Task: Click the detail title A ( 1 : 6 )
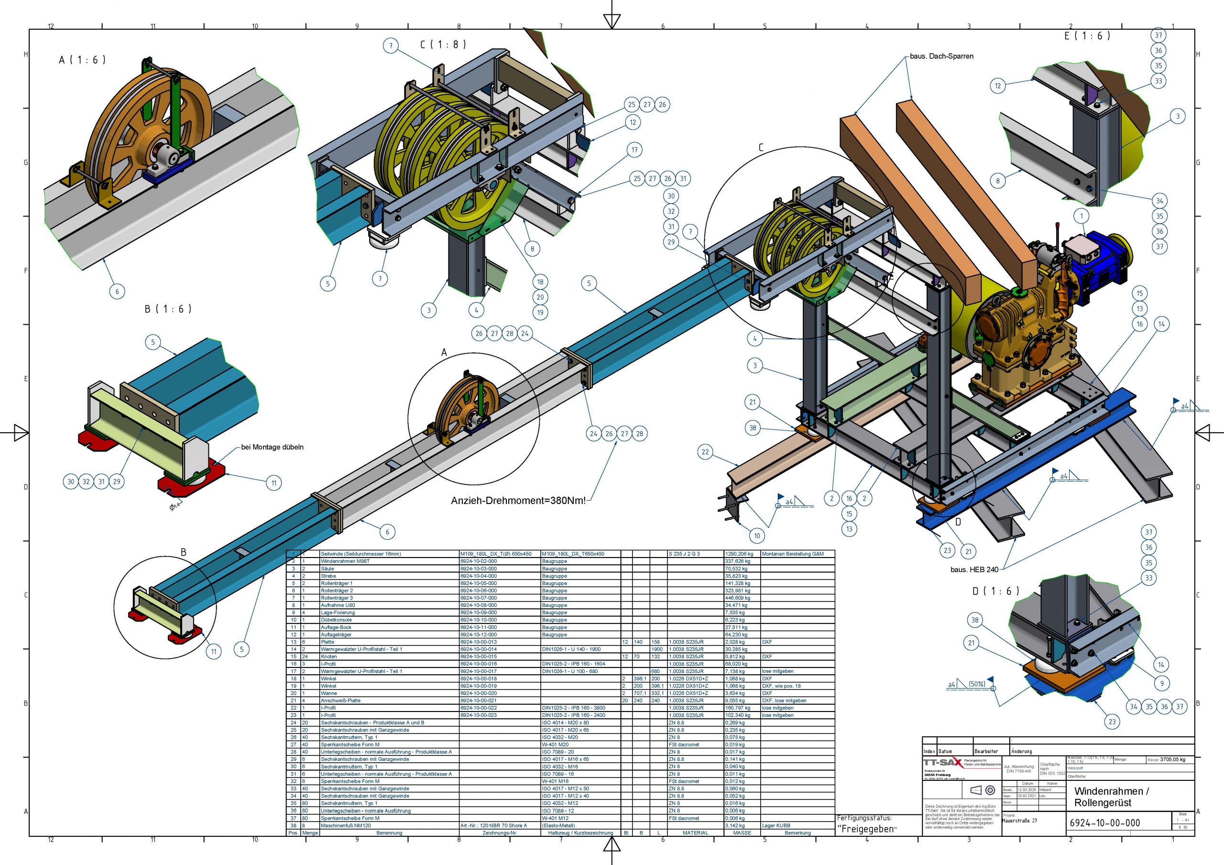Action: [82, 60]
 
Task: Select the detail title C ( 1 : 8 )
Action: [443, 44]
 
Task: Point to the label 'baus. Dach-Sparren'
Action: [941, 56]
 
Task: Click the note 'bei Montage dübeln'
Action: [272, 447]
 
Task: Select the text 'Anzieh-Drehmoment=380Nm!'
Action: [518, 500]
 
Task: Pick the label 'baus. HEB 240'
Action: [974, 569]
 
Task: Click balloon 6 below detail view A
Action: [117, 291]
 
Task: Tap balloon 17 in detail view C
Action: [634, 150]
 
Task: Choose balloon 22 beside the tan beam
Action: [705, 452]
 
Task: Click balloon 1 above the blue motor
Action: [1082, 216]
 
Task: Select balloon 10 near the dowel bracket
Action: [757, 536]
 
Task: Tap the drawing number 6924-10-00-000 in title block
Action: [1104, 823]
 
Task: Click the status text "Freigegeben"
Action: [867, 829]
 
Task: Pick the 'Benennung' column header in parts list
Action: [389, 832]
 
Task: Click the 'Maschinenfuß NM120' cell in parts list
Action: [346, 825]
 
